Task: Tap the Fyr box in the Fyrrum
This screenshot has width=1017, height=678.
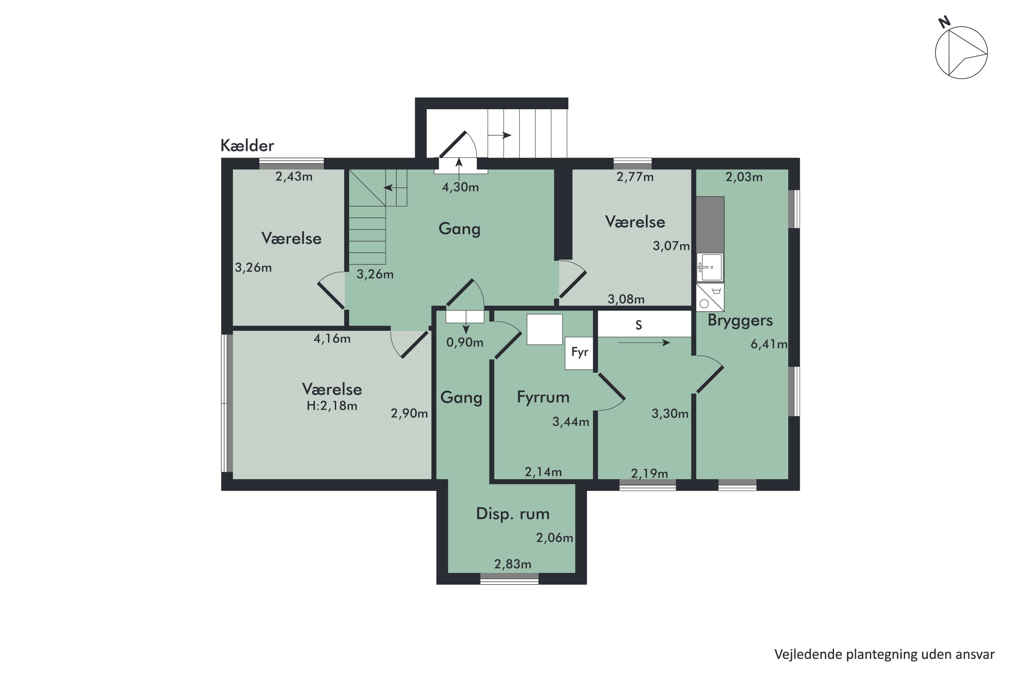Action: point(579,353)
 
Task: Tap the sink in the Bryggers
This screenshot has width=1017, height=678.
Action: point(710,267)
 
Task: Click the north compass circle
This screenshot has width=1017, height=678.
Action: point(961,53)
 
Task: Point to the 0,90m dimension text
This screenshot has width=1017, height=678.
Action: point(464,342)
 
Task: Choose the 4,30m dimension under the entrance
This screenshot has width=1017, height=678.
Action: point(460,187)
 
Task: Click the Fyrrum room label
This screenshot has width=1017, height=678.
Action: point(543,397)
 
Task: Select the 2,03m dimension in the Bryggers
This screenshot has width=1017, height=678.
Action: point(744,177)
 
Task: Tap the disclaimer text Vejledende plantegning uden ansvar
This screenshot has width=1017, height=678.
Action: point(884,654)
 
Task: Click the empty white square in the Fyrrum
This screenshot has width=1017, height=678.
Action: point(544,330)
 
